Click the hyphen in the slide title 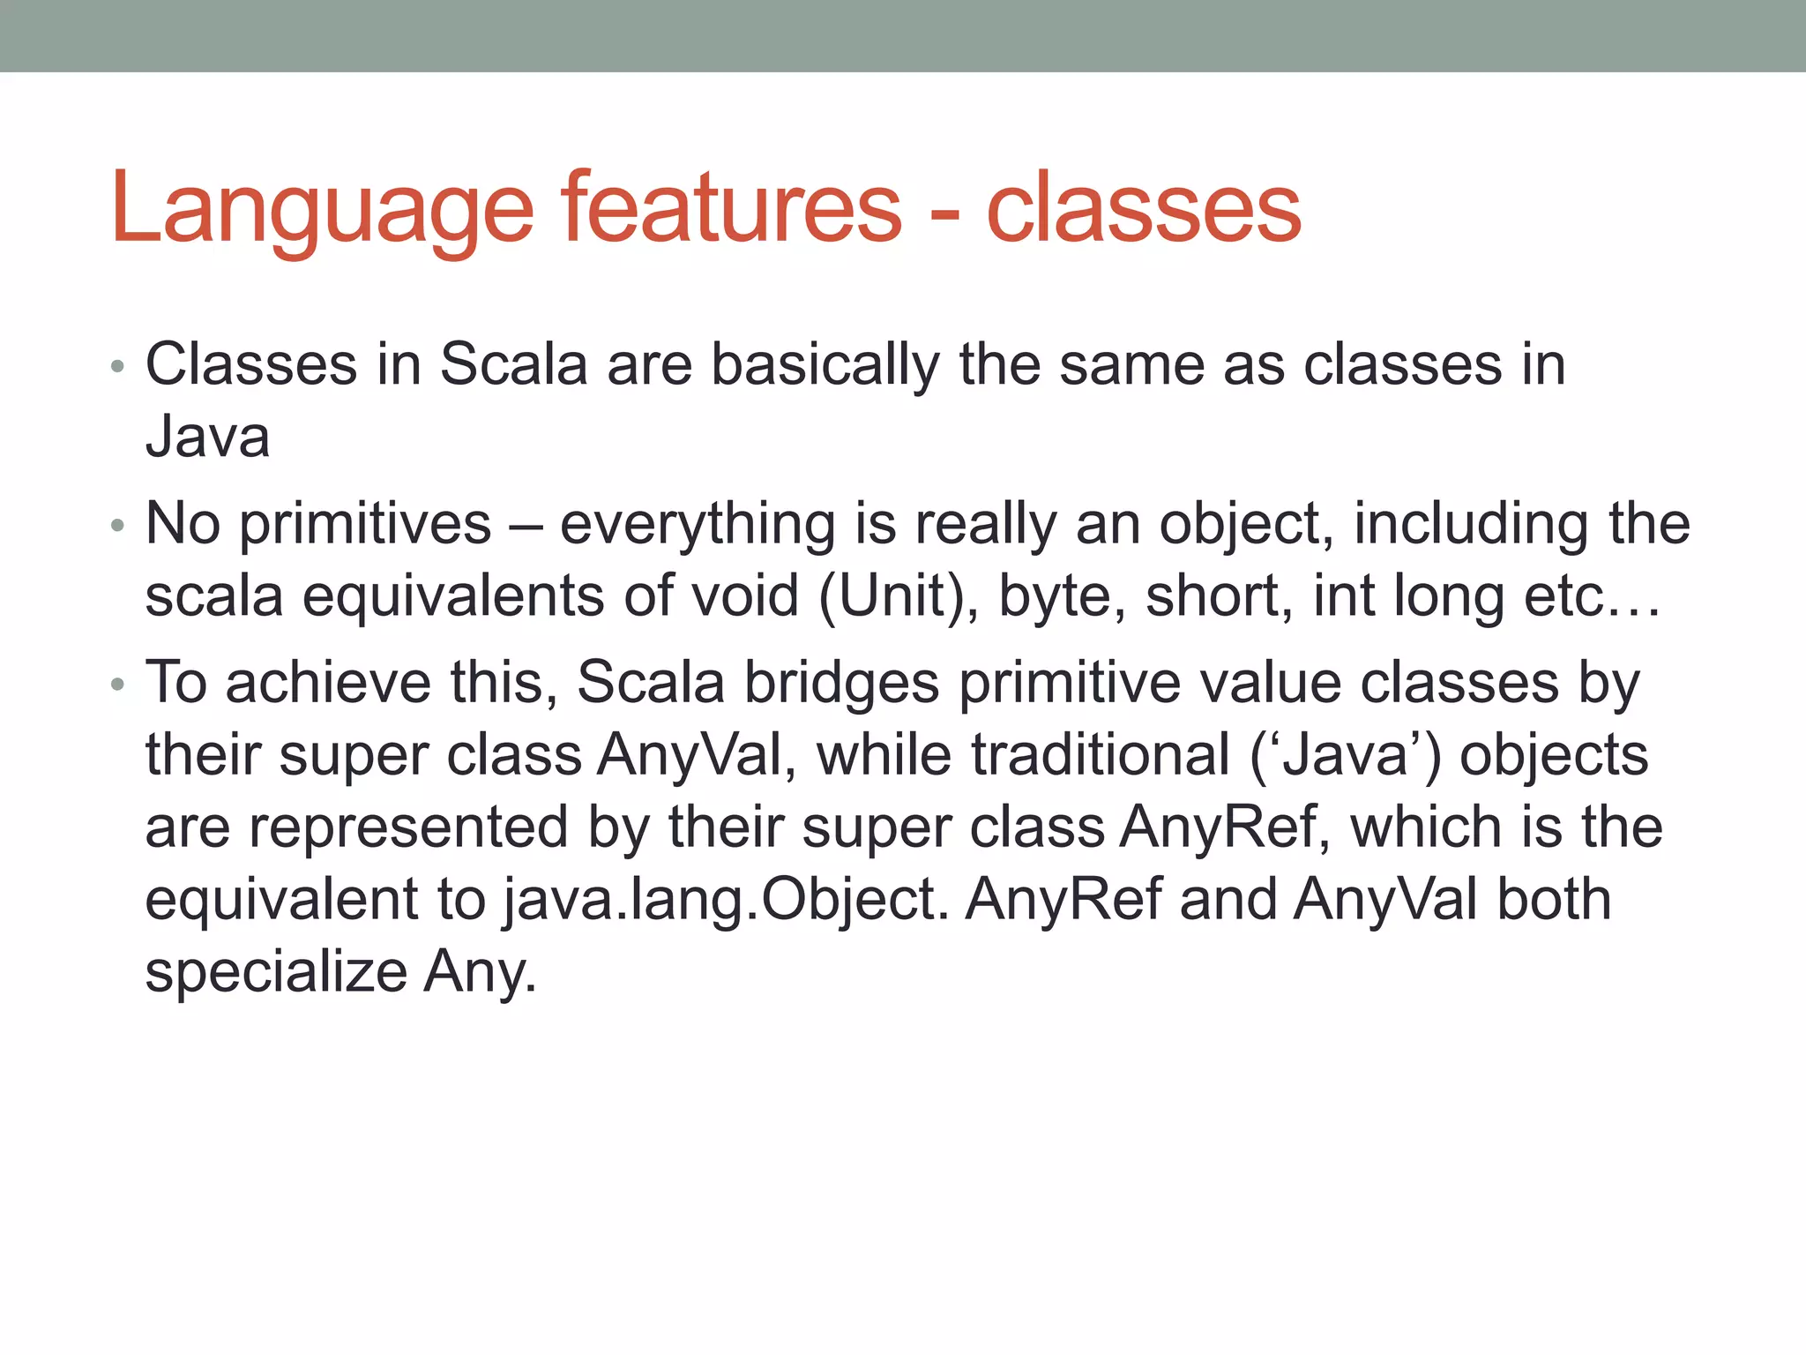944,214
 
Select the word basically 825,365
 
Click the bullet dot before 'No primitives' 118,528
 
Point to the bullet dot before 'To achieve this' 118,685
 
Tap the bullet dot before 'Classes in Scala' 118,367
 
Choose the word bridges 841,684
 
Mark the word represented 408,828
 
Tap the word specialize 276,973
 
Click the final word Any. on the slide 480,973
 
